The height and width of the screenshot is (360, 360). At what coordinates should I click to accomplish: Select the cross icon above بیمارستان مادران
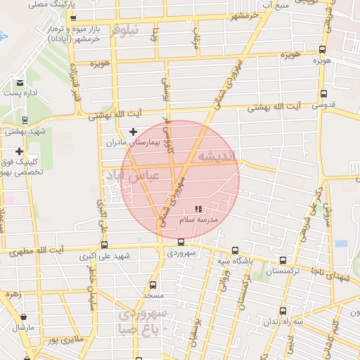click(134, 131)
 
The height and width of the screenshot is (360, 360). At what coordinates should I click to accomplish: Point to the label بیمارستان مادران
click(134, 143)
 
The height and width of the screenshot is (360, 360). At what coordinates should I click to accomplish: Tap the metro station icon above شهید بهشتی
click(26, 120)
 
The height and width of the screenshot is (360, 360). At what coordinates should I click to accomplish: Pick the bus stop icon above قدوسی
click(323, 94)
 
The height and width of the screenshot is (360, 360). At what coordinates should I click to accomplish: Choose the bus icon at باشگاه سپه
click(234, 250)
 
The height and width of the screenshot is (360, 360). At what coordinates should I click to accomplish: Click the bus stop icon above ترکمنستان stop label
click(283, 259)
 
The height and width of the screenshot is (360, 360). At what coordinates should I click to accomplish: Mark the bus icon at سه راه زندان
click(283, 310)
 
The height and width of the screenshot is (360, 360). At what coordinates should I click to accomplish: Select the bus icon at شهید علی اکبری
click(105, 245)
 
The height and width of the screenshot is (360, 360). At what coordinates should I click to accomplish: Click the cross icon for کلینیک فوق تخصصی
click(19, 151)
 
